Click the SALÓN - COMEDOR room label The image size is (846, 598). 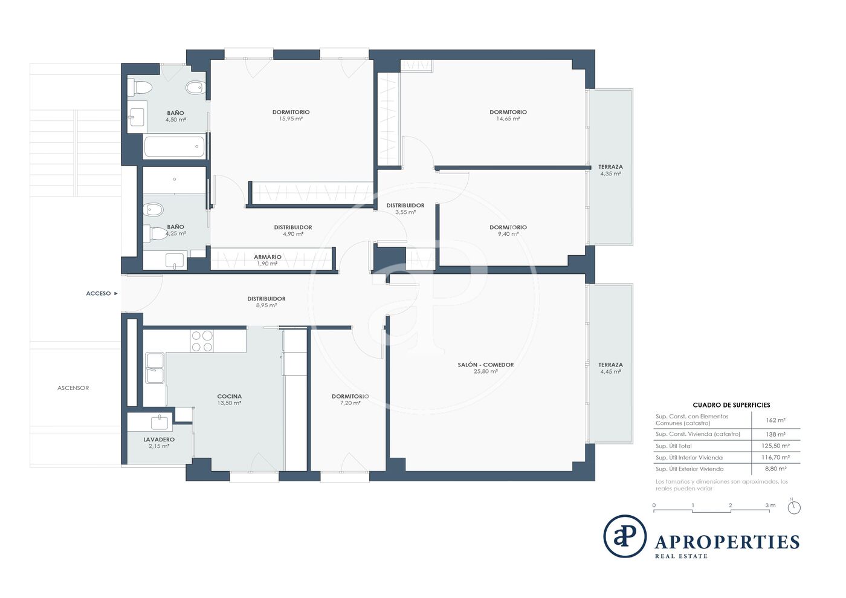(486, 365)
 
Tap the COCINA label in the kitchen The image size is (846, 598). (229, 397)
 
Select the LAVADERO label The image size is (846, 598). (159, 440)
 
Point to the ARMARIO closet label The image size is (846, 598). (267, 257)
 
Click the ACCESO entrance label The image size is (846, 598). (98, 293)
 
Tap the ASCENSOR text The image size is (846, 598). (73, 388)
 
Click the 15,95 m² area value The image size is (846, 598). (291, 119)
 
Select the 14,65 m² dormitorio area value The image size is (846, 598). (508, 119)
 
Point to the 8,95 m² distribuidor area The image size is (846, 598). (266, 305)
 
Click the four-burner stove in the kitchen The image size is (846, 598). (202, 341)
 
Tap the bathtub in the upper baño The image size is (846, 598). (175, 147)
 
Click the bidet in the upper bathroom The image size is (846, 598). (195, 88)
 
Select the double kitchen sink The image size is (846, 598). (155, 368)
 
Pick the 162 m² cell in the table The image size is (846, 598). (776, 420)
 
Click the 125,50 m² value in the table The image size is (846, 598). (775, 446)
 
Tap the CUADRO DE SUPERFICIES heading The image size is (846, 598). (731, 405)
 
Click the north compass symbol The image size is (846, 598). (794, 507)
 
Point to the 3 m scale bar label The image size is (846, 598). (770, 505)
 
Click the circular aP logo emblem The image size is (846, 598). (625, 536)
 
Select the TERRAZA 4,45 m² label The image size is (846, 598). (610, 368)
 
